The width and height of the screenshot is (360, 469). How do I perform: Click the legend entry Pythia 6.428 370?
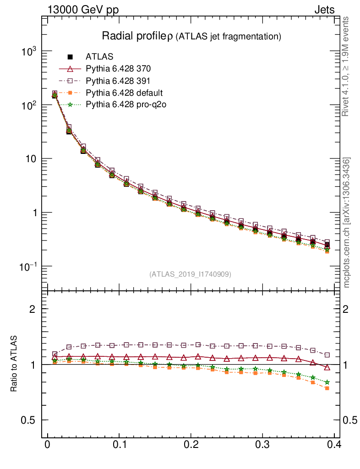click(x=118, y=69)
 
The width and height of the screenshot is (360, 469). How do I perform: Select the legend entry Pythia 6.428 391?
click(x=118, y=82)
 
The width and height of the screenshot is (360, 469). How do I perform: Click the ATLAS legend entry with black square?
click(x=99, y=57)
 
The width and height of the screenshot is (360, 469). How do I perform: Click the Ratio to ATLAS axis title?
click(x=14, y=364)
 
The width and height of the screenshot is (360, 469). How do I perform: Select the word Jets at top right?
click(x=324, y=10)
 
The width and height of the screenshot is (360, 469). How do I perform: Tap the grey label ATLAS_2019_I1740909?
click(x=190, y=274)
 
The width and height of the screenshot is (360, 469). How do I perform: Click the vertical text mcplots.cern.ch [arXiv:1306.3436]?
click(x=347, y=223)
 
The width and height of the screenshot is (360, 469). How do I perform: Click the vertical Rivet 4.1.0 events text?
click(x=347, y=66)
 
